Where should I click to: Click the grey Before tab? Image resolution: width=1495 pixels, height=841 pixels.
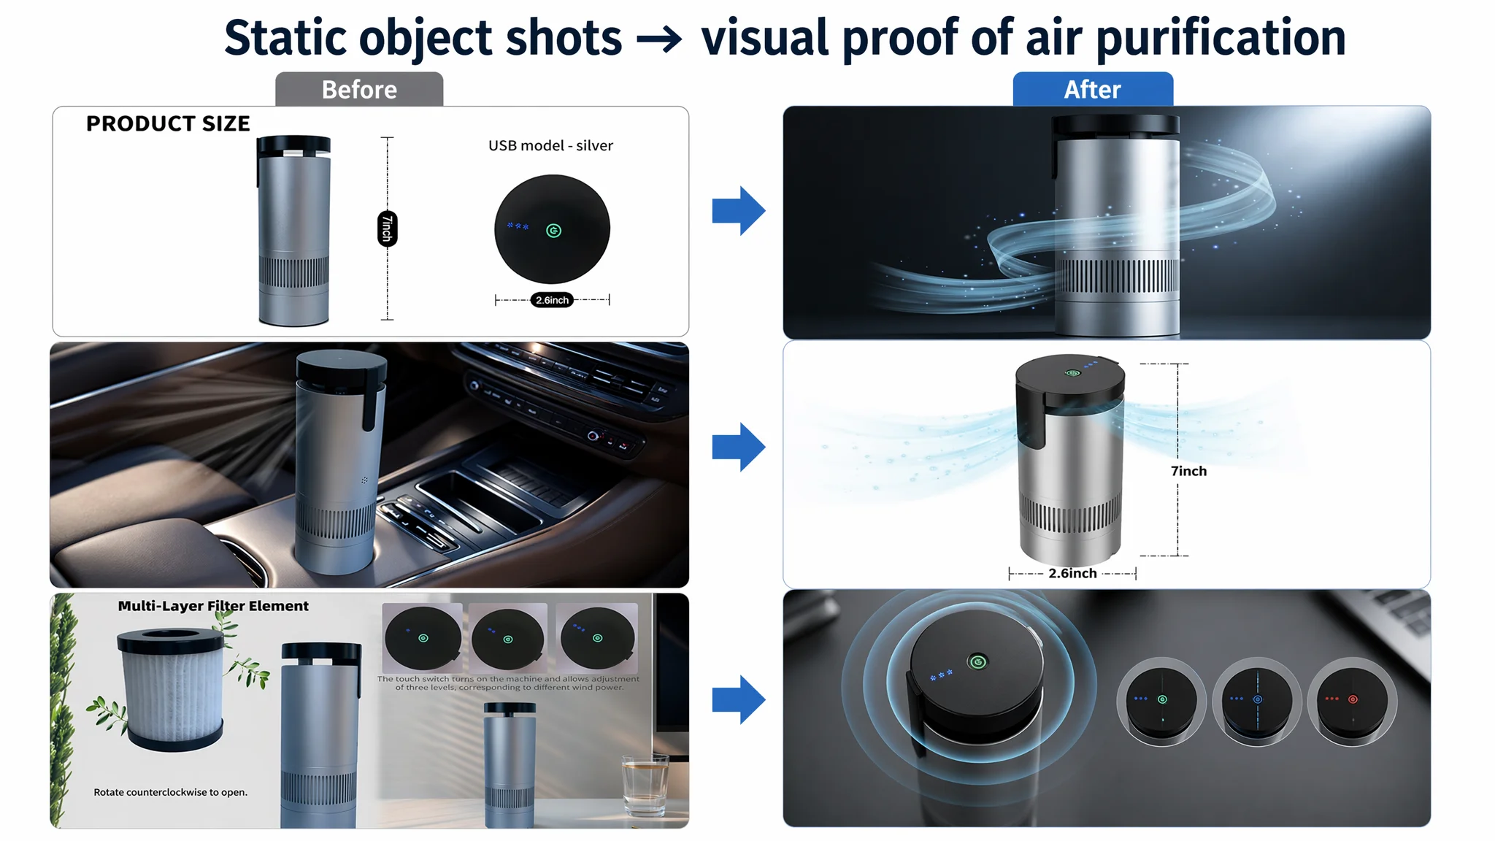(359, 89)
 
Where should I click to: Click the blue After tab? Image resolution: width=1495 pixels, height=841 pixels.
(1093, 89)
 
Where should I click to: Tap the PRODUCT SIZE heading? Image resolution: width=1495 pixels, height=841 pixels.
(168, 124)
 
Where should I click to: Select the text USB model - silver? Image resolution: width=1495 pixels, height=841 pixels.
(550, 145)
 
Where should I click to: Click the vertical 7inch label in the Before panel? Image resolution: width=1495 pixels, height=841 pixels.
(388, 229)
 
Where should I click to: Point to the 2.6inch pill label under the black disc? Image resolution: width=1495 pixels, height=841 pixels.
(552, 300)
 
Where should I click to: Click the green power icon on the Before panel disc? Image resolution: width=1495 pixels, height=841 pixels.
(554, 231)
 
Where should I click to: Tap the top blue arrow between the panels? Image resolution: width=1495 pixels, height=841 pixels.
(739, 211)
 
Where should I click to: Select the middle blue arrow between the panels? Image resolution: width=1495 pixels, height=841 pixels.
(739, 447)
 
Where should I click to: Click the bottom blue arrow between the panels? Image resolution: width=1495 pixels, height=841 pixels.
(739, 699)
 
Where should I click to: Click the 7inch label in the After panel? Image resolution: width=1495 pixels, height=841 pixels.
(1188, 471)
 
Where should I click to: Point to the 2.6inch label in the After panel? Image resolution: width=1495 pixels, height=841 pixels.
(1072, 573)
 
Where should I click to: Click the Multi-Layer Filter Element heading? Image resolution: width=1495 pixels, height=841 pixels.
(213, 606)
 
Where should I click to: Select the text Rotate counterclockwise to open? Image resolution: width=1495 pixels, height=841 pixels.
(170, 792)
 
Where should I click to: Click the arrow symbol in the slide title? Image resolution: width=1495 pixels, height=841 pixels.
(660, 39)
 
